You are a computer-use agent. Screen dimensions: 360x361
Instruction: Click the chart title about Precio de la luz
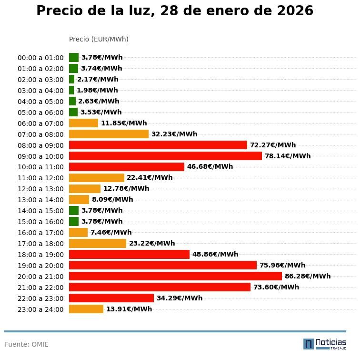[175, 11]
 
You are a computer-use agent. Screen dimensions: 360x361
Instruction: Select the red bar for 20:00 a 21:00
[175, 276]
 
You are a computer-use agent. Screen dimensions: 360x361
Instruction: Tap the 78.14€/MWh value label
[287, 156]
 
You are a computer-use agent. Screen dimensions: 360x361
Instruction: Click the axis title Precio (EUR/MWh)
[99, 39]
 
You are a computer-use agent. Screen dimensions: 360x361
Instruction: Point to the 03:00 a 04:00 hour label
[40, 91]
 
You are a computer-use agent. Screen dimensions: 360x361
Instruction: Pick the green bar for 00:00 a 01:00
[74, 58]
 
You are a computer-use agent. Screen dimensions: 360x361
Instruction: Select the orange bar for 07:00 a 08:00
[109, 134]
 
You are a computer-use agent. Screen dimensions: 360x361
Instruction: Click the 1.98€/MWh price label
[97, 90]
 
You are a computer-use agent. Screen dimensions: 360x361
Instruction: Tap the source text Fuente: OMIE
[27, 344]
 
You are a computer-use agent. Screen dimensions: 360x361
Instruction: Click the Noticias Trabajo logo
[325, 344]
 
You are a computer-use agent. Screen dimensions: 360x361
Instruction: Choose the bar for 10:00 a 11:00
[127, 167]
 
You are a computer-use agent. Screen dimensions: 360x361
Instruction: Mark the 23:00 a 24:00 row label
[40, 309]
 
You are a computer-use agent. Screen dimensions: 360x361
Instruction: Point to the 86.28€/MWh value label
[307, 276]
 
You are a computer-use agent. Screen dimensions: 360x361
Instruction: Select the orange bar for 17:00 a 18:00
[98, 243]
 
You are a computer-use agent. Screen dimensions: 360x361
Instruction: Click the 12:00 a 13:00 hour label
[40, 189]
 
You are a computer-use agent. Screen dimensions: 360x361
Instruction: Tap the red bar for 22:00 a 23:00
[111, 298]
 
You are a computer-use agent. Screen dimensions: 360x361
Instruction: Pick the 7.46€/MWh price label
[111, 232]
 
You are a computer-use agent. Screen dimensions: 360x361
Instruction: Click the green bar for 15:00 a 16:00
[74, 221]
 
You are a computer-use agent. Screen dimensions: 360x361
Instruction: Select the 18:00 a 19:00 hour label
[40, 255]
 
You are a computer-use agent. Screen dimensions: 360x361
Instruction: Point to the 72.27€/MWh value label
[272, 145]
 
